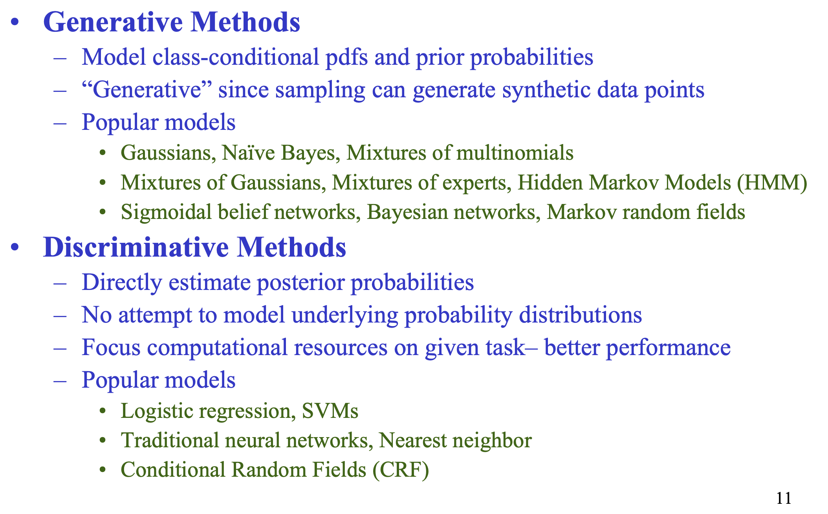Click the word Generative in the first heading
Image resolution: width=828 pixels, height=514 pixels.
113,22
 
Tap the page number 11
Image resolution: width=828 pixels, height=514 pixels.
784,498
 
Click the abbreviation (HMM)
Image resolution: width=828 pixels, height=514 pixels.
772,183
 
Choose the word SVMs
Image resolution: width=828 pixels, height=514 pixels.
330,411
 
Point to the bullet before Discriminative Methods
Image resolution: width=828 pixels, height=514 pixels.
15,248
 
